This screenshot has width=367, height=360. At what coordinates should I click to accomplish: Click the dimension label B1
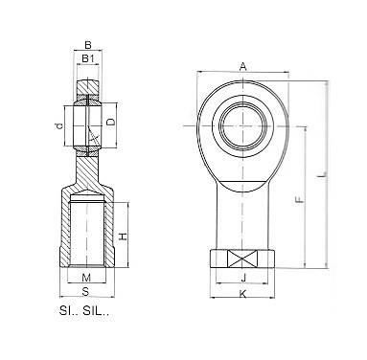click(x=87, y=58)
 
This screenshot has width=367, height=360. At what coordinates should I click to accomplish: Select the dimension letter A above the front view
click(x=243, y=67)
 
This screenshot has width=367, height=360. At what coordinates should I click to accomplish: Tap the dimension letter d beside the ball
click(x=58, y=126)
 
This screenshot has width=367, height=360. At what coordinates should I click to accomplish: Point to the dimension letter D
click(x=110, y=123)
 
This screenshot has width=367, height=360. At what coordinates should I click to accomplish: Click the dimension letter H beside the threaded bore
click(x=123, y=236)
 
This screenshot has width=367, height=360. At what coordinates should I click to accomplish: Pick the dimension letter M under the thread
click(x=86, y=278)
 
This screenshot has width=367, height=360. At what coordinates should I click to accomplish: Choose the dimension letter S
click(x=85, y=291)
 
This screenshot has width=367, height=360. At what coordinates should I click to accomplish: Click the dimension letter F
click(x=299, y=200)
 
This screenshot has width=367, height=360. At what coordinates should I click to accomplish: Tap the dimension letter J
click(x=243, y=279)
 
